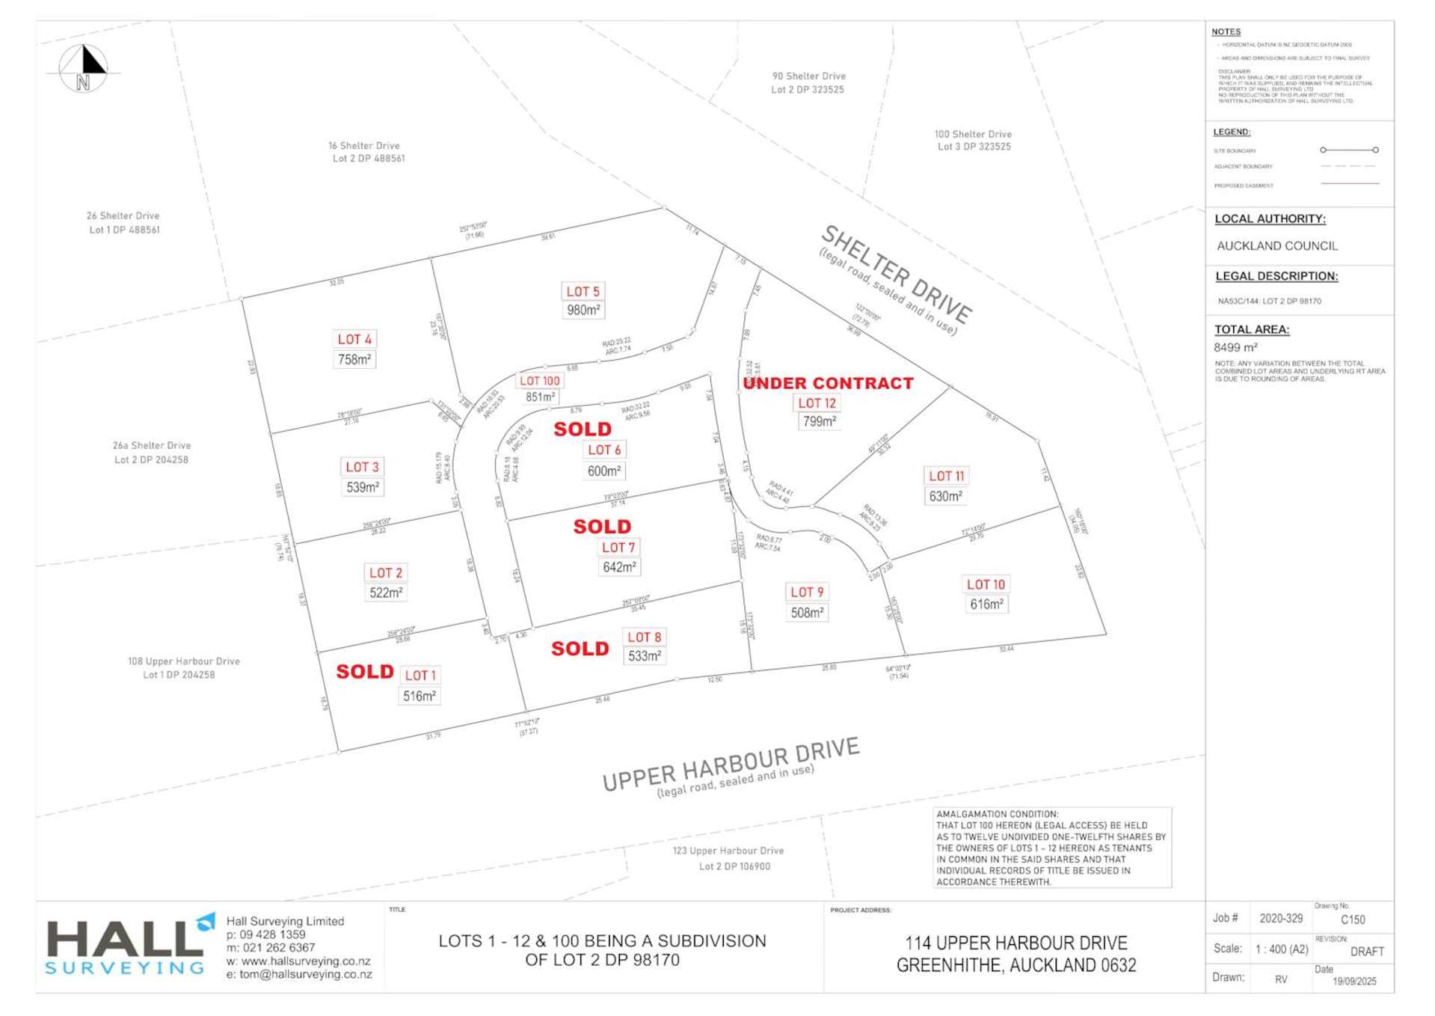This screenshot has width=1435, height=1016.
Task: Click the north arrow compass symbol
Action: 84,68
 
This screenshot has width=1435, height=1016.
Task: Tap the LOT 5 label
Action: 583,292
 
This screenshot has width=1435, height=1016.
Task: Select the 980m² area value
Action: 583,310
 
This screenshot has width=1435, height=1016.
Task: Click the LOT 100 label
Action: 540,381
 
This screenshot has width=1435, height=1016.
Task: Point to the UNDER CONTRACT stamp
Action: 828,383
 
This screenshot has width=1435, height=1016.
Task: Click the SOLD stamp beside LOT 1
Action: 365,672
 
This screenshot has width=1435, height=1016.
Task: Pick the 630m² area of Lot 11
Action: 945,496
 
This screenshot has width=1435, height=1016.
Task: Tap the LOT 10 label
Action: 986,584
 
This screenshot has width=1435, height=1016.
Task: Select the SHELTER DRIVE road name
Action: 897,275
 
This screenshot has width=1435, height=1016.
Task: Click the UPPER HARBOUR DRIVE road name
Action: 731,763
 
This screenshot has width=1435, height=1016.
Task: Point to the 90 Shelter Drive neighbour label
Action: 808,76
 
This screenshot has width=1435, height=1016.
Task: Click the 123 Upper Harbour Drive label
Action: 728,851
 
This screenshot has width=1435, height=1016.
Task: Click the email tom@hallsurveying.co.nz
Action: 299,974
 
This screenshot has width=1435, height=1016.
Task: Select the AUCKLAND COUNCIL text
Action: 1276,246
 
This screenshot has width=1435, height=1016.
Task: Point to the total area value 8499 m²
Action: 1235,348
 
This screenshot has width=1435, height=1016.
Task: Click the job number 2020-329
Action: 1280,918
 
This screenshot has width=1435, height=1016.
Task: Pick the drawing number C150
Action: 1352,919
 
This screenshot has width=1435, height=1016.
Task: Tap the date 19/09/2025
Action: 1353,981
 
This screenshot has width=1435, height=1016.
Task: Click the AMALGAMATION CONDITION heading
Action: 997,814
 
